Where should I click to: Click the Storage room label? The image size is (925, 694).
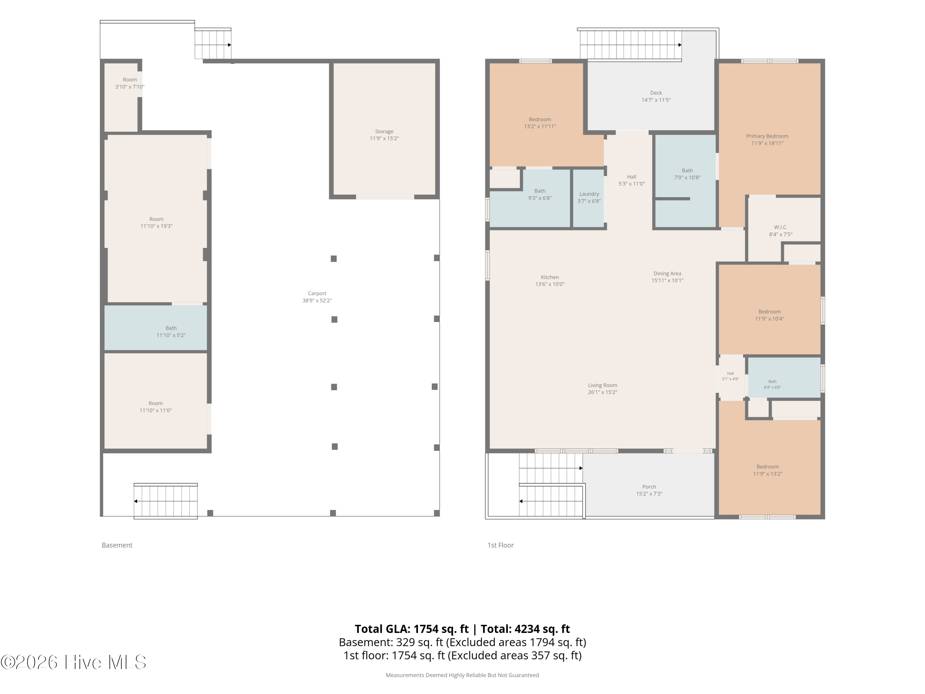384,131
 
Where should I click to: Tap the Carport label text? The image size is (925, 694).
317,293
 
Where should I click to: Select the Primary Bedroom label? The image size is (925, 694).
767,136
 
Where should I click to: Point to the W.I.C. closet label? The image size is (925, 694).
780,227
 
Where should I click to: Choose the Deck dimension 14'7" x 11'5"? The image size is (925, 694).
656,100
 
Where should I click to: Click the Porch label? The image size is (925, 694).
649,486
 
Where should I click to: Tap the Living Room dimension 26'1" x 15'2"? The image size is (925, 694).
602,392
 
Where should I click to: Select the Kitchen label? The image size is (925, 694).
549,277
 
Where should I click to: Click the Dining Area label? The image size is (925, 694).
667,274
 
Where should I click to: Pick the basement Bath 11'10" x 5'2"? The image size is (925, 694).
156,328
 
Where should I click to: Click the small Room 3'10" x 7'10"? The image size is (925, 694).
121,97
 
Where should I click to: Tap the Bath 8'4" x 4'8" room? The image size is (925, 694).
784,377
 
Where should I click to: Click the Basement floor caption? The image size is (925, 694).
117,545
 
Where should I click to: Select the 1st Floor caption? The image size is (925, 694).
500,545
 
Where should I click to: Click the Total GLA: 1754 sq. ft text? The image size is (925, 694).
412,629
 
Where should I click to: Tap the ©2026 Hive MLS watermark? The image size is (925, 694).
74,662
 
